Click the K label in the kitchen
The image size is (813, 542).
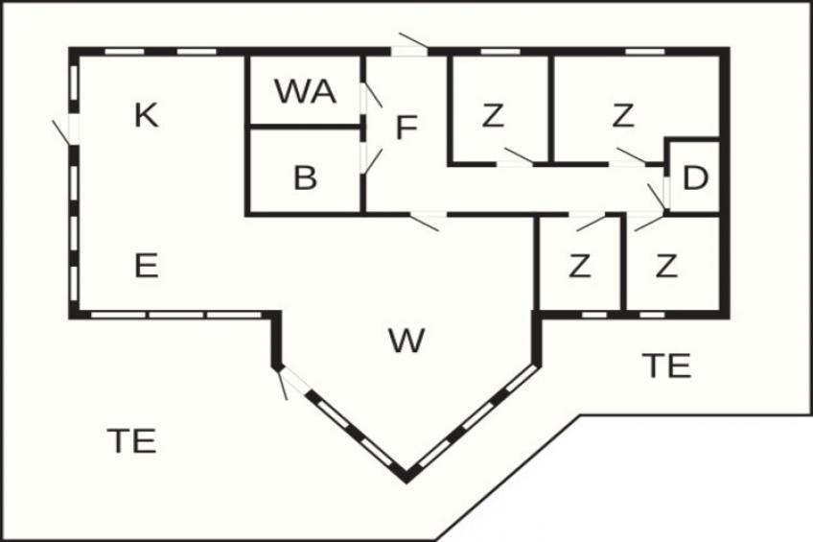click(147, 115)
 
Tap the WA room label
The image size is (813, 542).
click(306, 91)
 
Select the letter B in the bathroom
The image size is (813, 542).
click(305, 177)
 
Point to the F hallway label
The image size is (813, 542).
click(407, 129)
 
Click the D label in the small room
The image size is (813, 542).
click(695, 177)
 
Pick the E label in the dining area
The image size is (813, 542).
click(147, 265)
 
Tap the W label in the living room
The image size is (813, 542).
click(406, 341)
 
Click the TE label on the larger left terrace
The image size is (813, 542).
click(131, 440)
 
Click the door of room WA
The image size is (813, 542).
click(372, 95)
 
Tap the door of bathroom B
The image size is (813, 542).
click(372, 160)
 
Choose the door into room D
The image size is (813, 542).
click(658, 196)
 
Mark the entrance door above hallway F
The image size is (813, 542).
click(413, 42)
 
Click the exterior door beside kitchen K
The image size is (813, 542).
click(62, 131)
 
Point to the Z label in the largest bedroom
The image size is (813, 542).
click(623, 115)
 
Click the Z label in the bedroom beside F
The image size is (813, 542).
click(493, 115)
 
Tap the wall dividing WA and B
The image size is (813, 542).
click(305, 126)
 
